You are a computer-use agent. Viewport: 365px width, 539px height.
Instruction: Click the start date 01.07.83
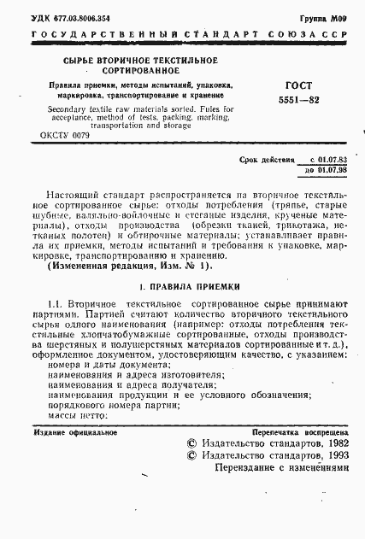328,161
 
